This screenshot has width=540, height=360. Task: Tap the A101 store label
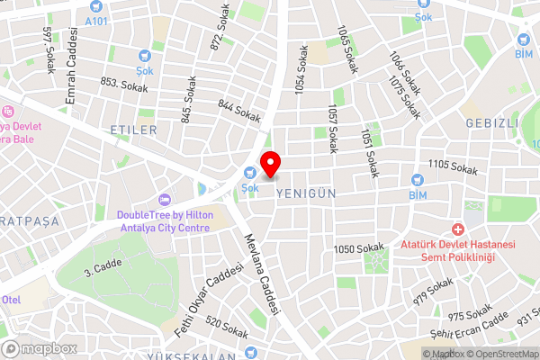(94, 20)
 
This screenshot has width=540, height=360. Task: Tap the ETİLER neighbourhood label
(133, 130)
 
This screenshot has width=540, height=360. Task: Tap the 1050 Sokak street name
(358, 248)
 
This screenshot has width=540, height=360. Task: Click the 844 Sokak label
(238, 112)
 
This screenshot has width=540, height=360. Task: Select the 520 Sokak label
(227, 328)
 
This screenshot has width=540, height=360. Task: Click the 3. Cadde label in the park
(102, 268)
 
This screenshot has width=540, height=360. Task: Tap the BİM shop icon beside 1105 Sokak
(417, 178)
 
